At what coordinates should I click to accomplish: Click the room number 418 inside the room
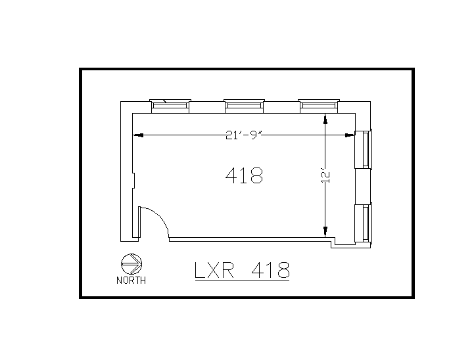click(x=244, y=175)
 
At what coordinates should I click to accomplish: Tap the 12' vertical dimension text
click(x=325, y=175)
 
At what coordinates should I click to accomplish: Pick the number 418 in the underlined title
click(x=270, y=270)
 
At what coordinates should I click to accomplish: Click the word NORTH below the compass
click(x=131, y=281)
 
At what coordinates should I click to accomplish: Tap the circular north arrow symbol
click(x=131, y=264)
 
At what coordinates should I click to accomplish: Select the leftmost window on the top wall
click(x=170, y=104)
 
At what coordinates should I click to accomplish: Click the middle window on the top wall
click(x=244, y=104)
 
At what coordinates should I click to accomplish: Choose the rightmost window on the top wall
click(x=319, y=104)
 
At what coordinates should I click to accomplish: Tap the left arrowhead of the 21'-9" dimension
click(x=137, y=135)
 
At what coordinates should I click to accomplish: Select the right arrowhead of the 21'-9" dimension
click(x=350, y=135)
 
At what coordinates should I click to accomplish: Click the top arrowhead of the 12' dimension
click(x=325, y=119)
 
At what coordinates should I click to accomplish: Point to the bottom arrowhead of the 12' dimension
click(x=325, y=231)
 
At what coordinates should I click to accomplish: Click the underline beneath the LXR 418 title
click(x=242, y=281)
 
